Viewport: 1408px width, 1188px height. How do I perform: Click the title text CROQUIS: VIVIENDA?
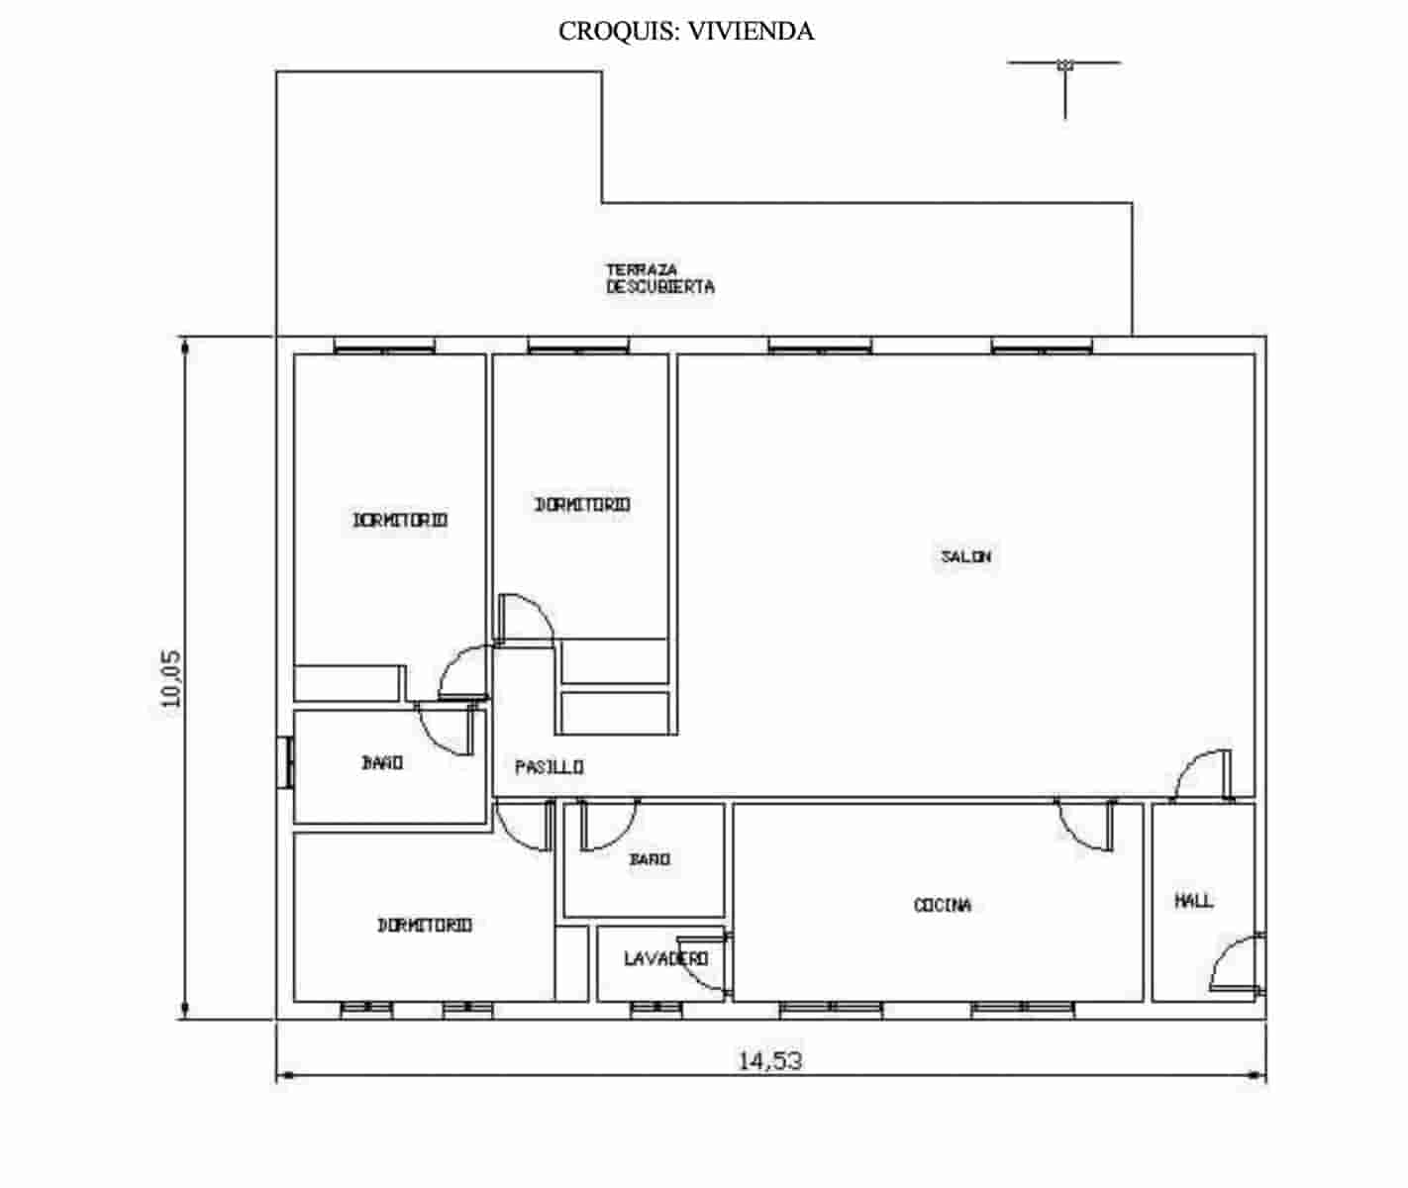(686, 32)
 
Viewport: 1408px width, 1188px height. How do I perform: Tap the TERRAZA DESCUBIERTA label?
(659, 278)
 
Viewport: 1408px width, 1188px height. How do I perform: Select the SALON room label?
(965, 556)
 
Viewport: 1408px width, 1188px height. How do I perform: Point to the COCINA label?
(942, 905)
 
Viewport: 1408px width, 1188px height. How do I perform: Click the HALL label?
(1193, 901)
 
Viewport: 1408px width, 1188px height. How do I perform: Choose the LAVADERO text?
(665, 958)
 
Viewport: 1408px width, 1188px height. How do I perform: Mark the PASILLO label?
(549, 767)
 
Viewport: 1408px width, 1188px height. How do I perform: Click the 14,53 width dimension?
(769, 1061)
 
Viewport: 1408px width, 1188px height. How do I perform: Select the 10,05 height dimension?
(171, 677)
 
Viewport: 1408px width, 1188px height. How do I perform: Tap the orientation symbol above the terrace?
(1065, 67)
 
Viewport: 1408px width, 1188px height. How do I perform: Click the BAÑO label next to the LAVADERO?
(650, 859)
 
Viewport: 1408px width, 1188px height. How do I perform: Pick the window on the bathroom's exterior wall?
(285, 762)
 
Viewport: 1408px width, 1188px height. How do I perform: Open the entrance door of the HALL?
(1238, 962)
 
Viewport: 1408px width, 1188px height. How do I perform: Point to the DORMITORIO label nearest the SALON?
(582, 505)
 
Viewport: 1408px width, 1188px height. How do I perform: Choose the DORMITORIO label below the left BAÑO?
(424, 925)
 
